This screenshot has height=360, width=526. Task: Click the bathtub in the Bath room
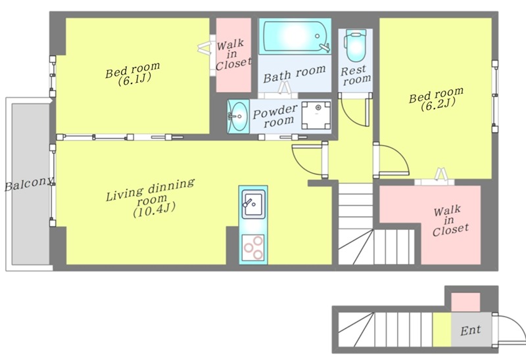tap(295, 36)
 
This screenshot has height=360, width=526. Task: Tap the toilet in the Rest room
tap(355, 45)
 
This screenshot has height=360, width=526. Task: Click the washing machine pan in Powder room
tap(316, 115)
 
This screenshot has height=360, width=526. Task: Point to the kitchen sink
tap(253, 204)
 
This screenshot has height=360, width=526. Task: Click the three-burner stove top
tap(253, 248)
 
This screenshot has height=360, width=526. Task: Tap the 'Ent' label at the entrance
tap(471, 330)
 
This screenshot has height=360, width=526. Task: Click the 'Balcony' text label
tap(29, 184)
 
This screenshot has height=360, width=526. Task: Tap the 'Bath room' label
tap(294, 74)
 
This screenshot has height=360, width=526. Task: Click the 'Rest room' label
tap(356, 76)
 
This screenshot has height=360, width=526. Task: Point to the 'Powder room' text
tap(275, 116)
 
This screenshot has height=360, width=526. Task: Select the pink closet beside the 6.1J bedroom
tap(233, 55)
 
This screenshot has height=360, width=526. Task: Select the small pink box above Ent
tap(466, 302)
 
